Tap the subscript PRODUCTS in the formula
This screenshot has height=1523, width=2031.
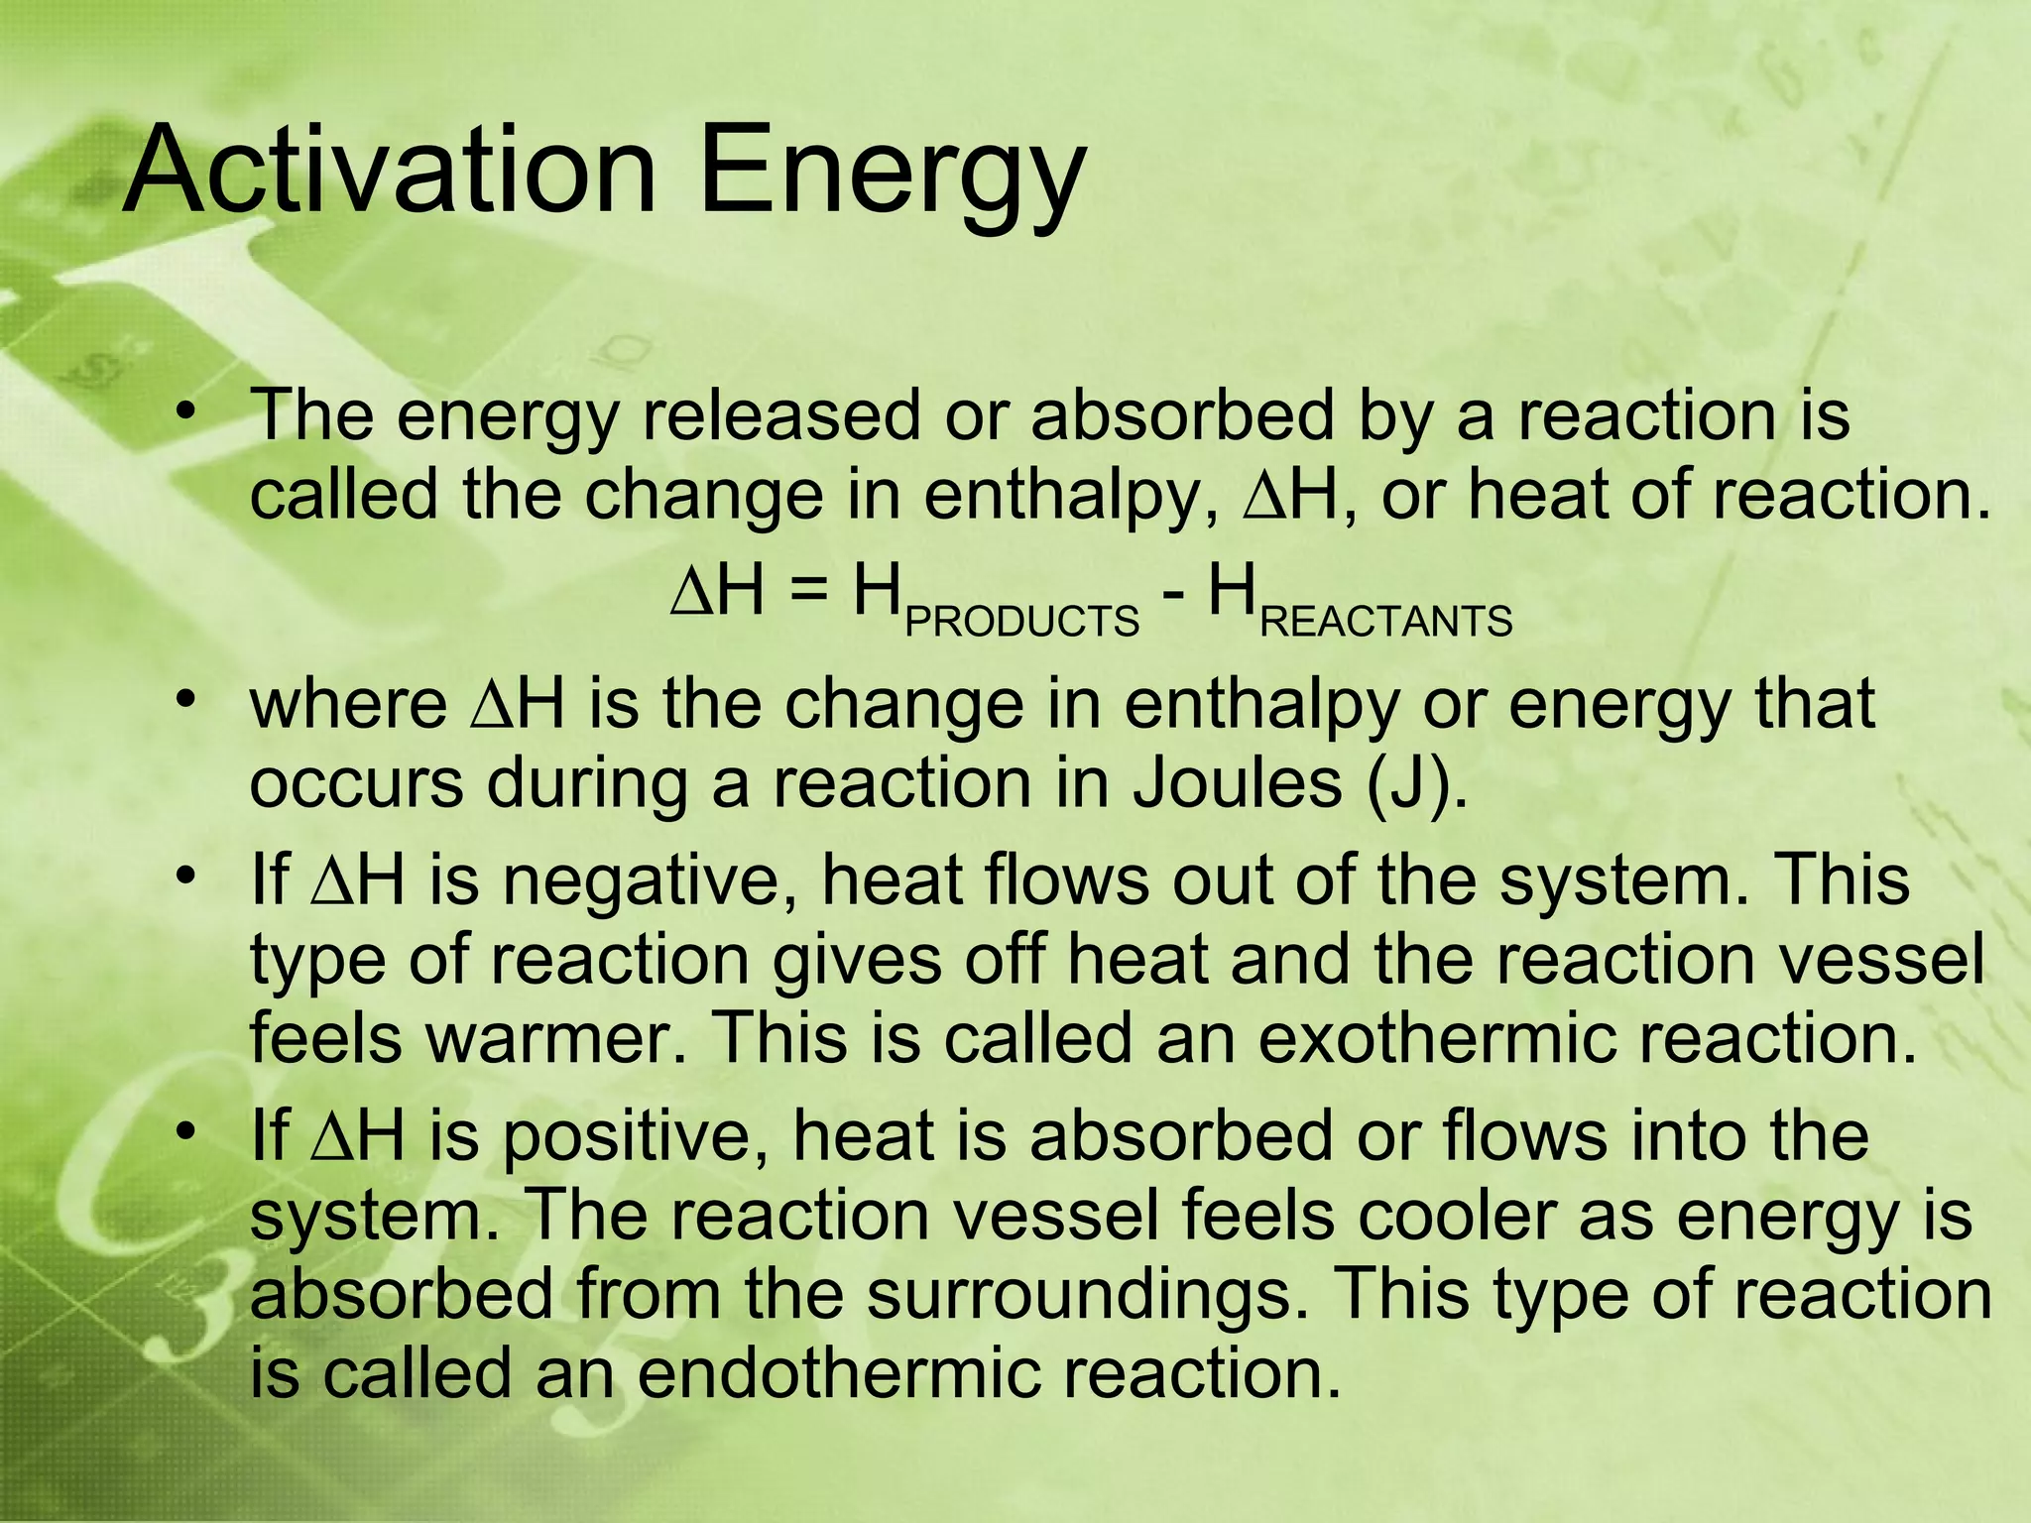[1022, 622]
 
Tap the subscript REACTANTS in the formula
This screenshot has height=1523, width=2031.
[1386, 622]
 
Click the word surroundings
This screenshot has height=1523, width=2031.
[1085, 1295]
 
